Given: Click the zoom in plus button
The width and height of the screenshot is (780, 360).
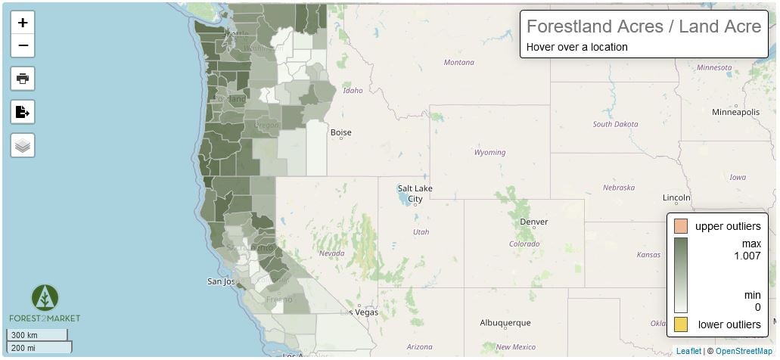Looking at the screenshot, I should click(23, 23).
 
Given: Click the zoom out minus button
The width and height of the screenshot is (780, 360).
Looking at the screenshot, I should click(23, 45).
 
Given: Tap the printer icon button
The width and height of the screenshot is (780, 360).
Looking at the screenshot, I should click(23, 78).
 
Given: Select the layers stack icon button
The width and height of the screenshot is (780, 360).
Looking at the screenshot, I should click(23, 144).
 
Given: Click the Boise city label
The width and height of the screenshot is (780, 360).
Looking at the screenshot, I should click(340, 132).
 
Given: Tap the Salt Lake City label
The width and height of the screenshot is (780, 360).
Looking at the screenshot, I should click(415, 194).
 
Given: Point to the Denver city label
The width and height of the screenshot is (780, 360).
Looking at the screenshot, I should click(533, 222).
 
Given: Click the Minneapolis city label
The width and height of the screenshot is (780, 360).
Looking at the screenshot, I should click(735, 112).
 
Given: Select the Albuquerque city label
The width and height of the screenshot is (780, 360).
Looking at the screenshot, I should click(505, 322).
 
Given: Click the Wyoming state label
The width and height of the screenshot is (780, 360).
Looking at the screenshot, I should click(489, 153).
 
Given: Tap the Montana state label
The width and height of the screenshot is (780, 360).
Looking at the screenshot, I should click(458, 63).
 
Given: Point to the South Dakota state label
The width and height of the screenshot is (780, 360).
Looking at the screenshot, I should click(615, 124).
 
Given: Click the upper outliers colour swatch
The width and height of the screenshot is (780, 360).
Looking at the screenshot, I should click(681, 226).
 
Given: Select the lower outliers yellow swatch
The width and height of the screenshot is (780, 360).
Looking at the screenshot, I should click(681, 324).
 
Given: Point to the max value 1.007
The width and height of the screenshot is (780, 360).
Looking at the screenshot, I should click(747, 256).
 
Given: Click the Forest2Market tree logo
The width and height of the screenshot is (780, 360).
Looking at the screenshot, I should click(45, 297).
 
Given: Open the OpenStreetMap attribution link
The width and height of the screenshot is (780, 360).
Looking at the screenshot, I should click(744, 351).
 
